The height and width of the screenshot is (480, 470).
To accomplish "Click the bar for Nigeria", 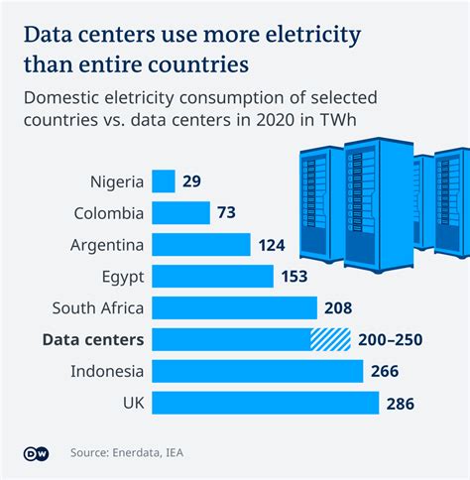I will (164, 181).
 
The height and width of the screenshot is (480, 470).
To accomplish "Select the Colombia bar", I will (181, 213).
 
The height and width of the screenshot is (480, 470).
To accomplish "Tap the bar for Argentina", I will (201, 245).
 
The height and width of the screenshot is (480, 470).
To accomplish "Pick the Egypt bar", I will (213, 277).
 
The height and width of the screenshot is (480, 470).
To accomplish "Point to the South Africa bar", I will (235, 308).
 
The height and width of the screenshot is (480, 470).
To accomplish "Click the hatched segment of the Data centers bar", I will (331, 340).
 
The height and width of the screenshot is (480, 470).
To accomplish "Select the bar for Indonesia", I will (258, 372).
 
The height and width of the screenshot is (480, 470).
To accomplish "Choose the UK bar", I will (266, 404).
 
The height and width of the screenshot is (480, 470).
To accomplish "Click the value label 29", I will (192, 181).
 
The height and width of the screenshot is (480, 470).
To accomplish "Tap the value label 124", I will (273, 245).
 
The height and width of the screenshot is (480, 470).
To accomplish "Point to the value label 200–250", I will (391, 340).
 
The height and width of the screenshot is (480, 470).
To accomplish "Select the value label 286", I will (401, 404).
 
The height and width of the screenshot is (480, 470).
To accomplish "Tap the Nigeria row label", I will (116, 181).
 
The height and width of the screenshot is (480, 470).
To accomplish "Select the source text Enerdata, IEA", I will (149, 453).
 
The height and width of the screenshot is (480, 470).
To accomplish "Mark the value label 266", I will (386, 372).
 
